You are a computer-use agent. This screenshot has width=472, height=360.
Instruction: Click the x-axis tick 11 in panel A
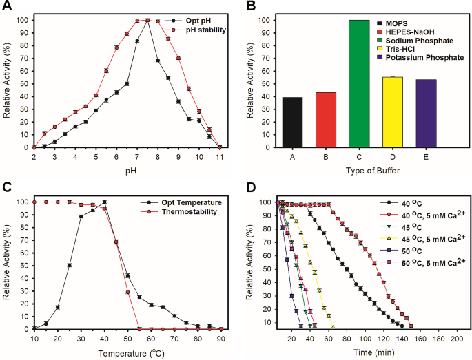tap(219, 156)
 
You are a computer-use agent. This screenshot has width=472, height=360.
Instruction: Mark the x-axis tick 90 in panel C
tap(219, 339)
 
